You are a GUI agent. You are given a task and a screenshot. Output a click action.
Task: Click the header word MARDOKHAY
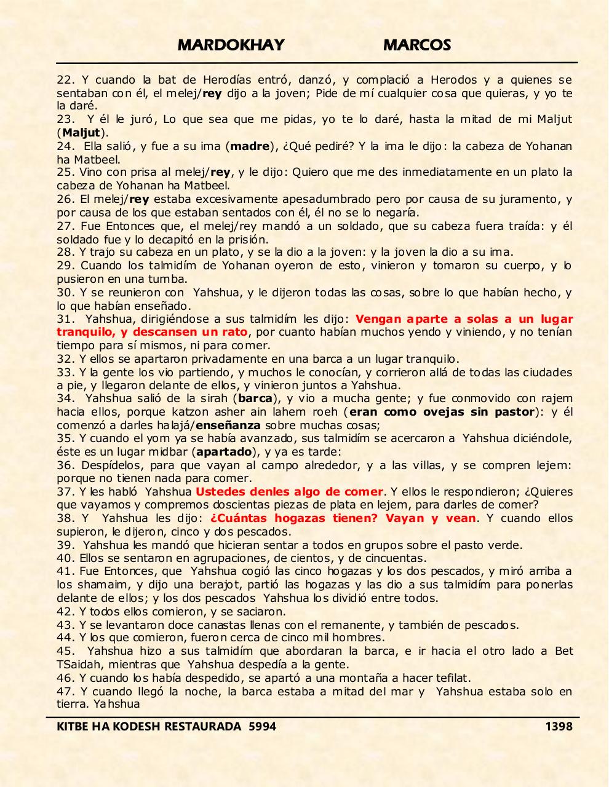tap(231, 45)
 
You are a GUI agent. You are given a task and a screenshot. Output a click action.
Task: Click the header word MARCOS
tap(417, 45)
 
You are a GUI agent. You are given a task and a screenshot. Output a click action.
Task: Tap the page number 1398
tap(559, 727)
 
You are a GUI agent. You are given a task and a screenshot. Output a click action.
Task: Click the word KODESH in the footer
tap(133, 727)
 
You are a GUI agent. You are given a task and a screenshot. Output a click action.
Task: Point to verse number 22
tap(64, 80)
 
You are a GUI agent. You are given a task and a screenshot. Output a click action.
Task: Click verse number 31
tap(64, 319)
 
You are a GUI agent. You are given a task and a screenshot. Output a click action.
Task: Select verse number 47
tap(64, 692)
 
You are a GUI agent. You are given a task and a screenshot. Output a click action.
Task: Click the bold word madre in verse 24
tap(250, 146)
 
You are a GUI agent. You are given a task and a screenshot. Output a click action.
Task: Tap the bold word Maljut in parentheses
tap(81, 133)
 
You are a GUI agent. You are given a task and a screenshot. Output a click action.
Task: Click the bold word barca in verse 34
tap(255, 398)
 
